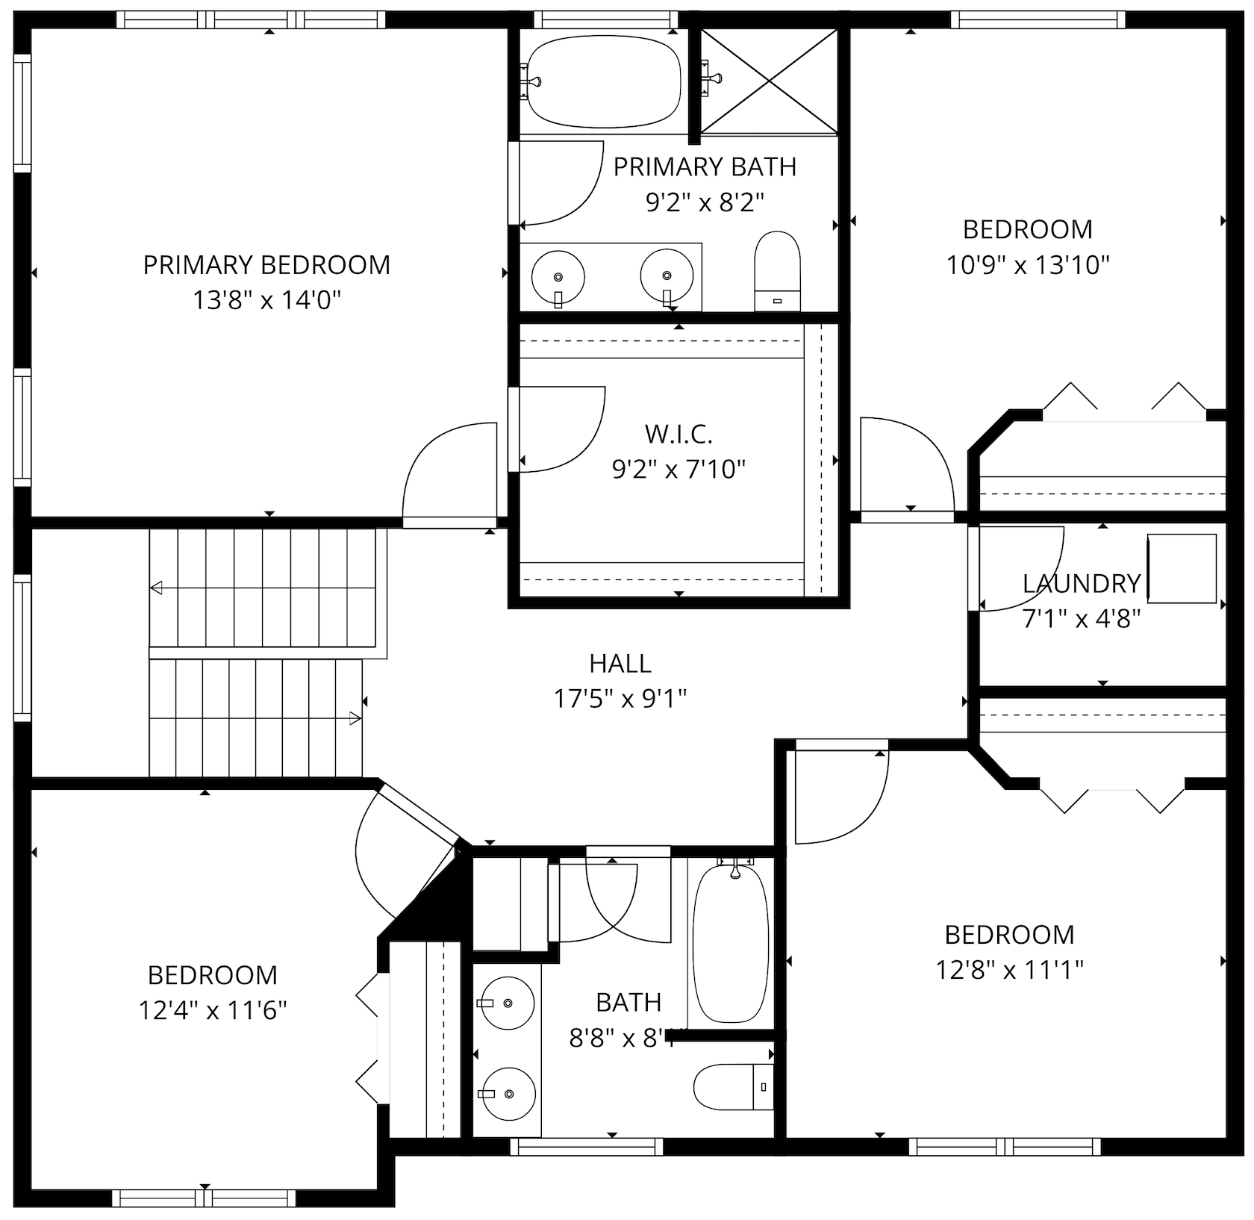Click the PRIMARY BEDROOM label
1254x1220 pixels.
[266, 265]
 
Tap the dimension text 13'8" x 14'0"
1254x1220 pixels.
[266, 301]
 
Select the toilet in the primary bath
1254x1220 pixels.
[777, 272]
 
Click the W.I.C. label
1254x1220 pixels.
[678, 433]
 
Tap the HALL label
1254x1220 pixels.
[620, 663]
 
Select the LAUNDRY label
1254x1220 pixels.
[1081, 583]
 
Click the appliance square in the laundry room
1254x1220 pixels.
[1182, 568]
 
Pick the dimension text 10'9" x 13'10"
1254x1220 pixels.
[1028, 265]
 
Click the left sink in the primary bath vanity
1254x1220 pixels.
[558, 277]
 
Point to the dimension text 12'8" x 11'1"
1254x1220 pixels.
[1009, 970]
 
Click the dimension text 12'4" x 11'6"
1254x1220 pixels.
[213, 1010]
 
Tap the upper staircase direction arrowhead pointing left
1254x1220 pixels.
[156, 588]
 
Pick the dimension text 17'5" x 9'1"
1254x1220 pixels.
[620, 699]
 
